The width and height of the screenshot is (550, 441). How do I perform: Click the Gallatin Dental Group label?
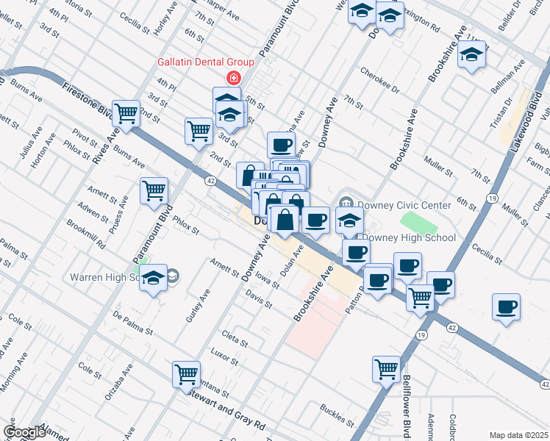206,62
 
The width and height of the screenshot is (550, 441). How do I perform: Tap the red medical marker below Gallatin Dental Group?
234,77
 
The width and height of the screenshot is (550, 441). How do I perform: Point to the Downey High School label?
410,237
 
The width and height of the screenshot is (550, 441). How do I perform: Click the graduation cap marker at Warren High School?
153,279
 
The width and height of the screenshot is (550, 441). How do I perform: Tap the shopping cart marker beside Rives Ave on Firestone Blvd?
126,114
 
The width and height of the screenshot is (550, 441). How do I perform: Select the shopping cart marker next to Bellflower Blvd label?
386,369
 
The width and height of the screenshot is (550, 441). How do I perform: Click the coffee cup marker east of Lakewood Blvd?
506,307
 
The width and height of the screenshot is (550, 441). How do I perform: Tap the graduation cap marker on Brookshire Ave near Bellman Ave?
472,55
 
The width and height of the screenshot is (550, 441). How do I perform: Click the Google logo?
24,432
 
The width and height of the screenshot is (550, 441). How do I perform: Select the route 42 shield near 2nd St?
210,180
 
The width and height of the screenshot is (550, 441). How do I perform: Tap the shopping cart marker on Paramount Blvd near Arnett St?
154,190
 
